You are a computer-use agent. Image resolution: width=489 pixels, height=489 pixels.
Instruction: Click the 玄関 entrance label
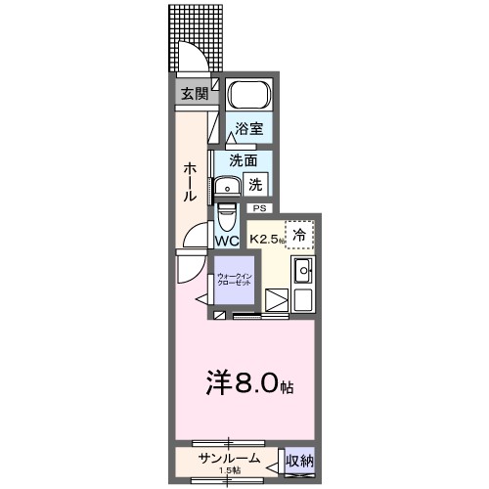[x=193, y=94]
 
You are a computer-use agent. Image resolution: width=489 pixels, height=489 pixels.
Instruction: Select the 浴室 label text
[x=248, y=129]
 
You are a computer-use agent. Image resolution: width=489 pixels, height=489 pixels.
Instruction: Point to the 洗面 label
[x=244, y=160]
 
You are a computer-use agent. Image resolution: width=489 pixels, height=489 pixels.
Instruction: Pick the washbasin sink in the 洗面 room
[x=229, y=187]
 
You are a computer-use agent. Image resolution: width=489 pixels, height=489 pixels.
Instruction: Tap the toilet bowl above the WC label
[x=226, y=214]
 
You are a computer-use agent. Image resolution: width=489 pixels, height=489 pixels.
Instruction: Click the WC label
[x=227, y=241]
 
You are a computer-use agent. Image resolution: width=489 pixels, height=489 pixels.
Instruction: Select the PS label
[x=259, y=208]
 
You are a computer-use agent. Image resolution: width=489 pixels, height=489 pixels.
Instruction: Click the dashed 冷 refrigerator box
[x=301, y=235]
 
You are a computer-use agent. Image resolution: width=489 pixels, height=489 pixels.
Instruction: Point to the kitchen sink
[x=302, y=272]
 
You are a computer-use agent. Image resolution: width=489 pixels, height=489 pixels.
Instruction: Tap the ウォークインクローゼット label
[x=235, y=280]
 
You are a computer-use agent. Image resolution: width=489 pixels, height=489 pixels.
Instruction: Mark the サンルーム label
[x=229, y=458]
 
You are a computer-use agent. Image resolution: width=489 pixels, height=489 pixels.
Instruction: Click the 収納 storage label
[x=299, y=460]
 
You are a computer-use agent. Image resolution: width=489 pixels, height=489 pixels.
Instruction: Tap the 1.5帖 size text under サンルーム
[x=230, y=471]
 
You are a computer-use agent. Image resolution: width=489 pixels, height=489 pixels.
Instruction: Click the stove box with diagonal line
[x=277, y=300]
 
